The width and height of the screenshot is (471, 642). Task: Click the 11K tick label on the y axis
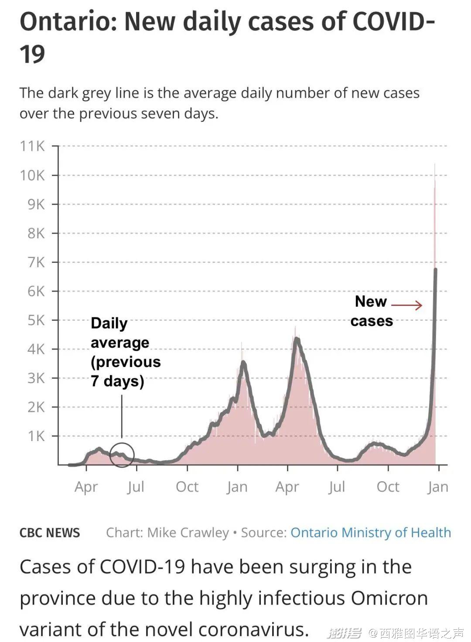point(32,146)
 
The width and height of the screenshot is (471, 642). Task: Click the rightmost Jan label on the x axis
point(437,487)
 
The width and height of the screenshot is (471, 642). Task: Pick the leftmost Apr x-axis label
point(86,487)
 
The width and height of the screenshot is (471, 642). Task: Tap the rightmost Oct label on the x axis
point(388,487)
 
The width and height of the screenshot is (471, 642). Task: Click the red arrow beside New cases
point(406,305)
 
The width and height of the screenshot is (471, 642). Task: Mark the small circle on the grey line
point(122,455)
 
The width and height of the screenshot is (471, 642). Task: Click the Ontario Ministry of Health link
point(371,533)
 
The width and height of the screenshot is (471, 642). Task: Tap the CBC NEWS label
point(50,533)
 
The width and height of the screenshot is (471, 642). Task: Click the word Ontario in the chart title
point(67,22)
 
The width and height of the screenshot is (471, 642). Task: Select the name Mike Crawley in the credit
point(188,533)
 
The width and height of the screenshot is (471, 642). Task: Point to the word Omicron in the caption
point(389,598)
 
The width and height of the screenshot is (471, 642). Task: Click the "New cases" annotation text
point(372,311)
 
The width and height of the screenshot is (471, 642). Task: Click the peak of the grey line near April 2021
point(297,339)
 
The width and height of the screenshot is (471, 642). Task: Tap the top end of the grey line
point(435,270)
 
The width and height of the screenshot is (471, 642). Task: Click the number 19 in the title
point(32,54)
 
